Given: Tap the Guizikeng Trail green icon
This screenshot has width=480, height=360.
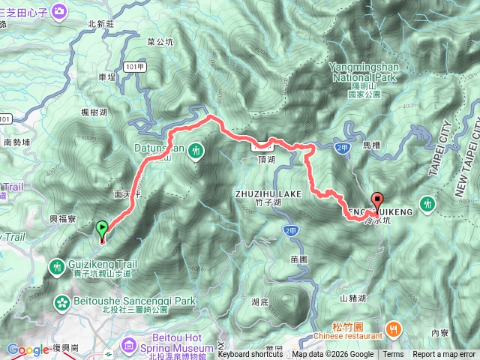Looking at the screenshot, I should pos(58,265).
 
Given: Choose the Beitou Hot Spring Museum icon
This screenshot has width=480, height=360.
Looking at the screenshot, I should pos(129,325).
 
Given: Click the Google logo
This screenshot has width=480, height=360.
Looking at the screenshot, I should pos(28,349).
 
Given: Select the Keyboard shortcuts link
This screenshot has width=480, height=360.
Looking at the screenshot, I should pos(250,355).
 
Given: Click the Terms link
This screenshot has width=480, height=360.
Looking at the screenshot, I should pos(393,355).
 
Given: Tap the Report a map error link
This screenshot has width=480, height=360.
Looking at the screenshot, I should pos(443,355).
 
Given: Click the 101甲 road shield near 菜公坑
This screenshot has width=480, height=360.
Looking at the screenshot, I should pos(134,66).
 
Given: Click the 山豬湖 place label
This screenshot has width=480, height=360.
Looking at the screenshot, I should pos(352,298).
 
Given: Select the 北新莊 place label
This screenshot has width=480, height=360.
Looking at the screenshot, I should pos(100,24).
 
